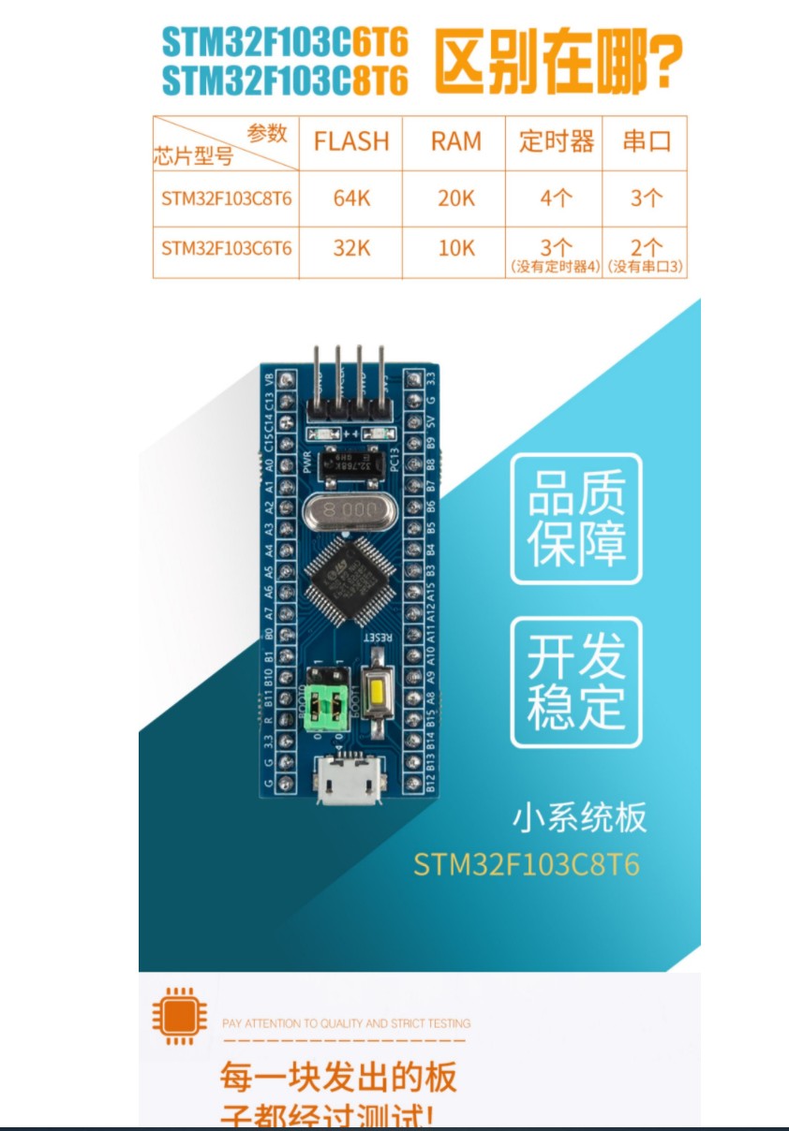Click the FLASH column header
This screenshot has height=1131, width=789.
point(350,142)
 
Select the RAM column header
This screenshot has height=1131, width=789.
point(455,142)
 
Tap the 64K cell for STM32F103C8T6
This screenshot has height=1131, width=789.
point(350,198)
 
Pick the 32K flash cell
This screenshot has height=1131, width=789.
point(350,248)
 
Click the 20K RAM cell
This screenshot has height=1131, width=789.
point(455,198)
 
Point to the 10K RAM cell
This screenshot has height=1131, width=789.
point(455,248)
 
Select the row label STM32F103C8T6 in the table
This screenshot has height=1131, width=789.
point(226,198)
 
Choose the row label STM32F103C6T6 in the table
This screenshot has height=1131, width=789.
point(226,248)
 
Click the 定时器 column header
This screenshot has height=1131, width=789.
point(556,142)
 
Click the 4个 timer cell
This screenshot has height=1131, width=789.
point(556,198)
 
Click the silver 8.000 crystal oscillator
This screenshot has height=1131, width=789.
point(344,510)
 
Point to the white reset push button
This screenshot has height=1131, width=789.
point(377,694)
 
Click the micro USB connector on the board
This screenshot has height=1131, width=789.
point(350,779)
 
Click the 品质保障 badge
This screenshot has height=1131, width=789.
point(576,519)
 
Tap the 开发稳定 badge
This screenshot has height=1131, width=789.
point(576,682)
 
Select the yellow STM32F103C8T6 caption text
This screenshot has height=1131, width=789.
point(527,863)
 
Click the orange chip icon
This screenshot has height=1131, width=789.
point(180,1015)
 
